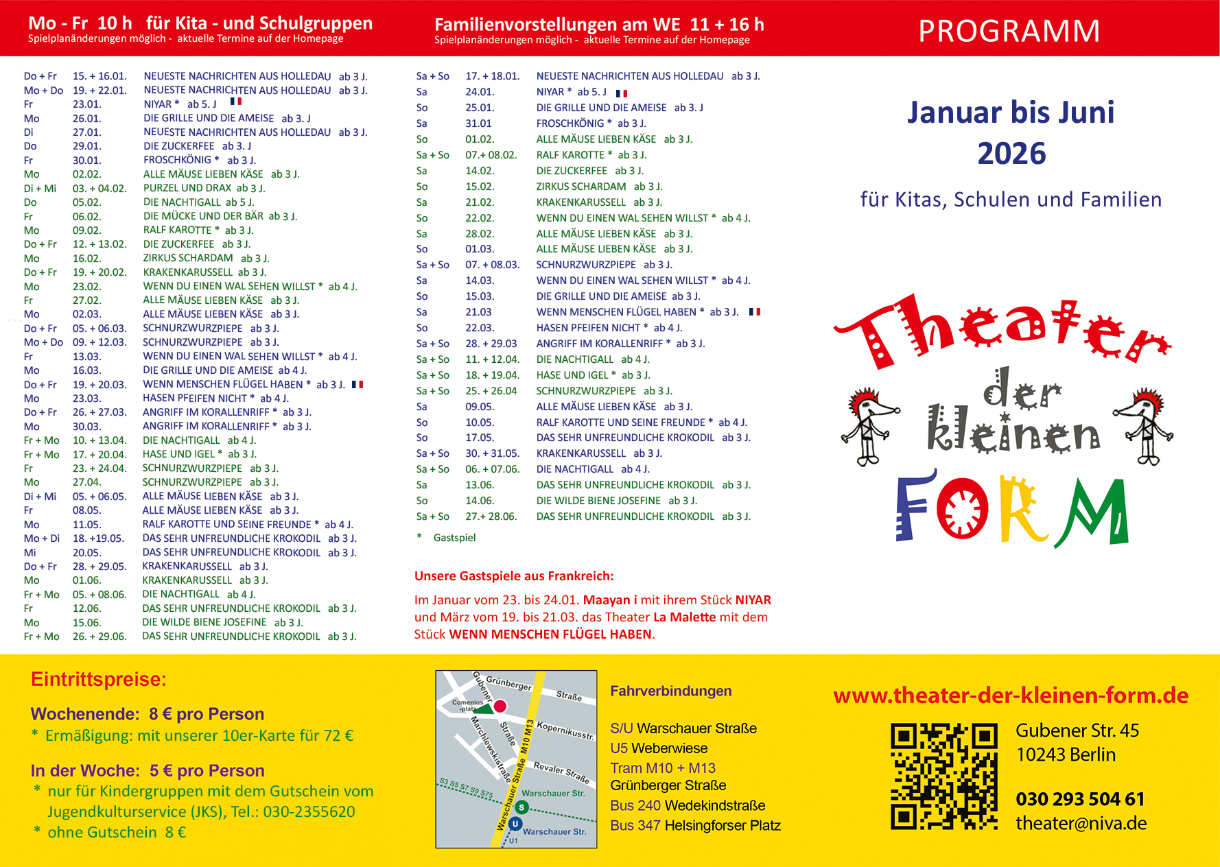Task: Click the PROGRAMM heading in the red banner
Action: pos(1009,31)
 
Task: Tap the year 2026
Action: pos(1011,154)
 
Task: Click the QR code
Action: pos(943,776)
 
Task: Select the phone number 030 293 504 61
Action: pos(1080,799)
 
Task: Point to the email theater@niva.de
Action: pos(1081,823)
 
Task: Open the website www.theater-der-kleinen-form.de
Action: pos(1011,696)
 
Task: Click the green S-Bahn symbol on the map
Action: pos(521,807)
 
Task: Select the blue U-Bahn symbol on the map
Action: pos(515,824)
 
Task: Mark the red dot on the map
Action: pos(500,706)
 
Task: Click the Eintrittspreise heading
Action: pos(99,680)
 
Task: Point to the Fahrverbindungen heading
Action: pos(670,691)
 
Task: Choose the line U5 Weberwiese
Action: pos(659,748)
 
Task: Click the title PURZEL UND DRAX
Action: pos(187,188)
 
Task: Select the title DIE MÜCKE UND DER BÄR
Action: pos(203,216)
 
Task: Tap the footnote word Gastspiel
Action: pos(454,538)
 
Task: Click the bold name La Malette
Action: pos(684,617)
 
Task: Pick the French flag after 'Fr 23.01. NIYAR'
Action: pos(236,102)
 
